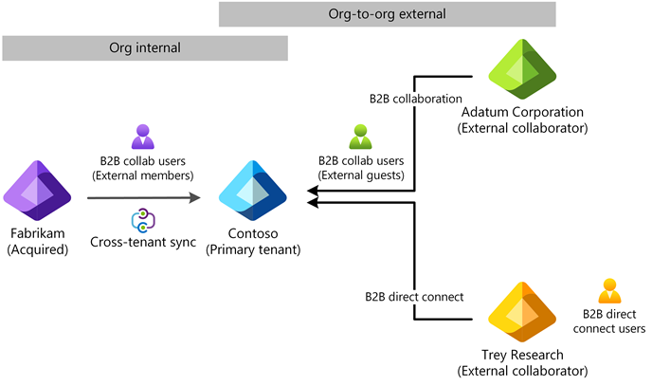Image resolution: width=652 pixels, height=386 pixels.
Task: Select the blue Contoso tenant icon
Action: coord(252,191)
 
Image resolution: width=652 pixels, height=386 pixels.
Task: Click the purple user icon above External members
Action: coord(142,137)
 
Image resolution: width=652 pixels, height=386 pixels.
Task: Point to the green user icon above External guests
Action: coord(361,137)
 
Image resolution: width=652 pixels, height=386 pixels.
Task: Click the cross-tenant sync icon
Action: coord(142,221)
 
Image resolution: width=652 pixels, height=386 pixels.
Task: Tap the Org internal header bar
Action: coord(145,47)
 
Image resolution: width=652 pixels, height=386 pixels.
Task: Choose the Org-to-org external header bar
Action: coord(388,14)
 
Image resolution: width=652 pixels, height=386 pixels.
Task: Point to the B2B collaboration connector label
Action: coord(415,98)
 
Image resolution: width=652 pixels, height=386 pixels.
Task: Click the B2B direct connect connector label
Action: coord(414,297)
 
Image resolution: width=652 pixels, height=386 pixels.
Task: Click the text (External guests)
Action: coord(361,175)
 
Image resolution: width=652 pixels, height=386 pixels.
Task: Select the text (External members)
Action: coord(142,175)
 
